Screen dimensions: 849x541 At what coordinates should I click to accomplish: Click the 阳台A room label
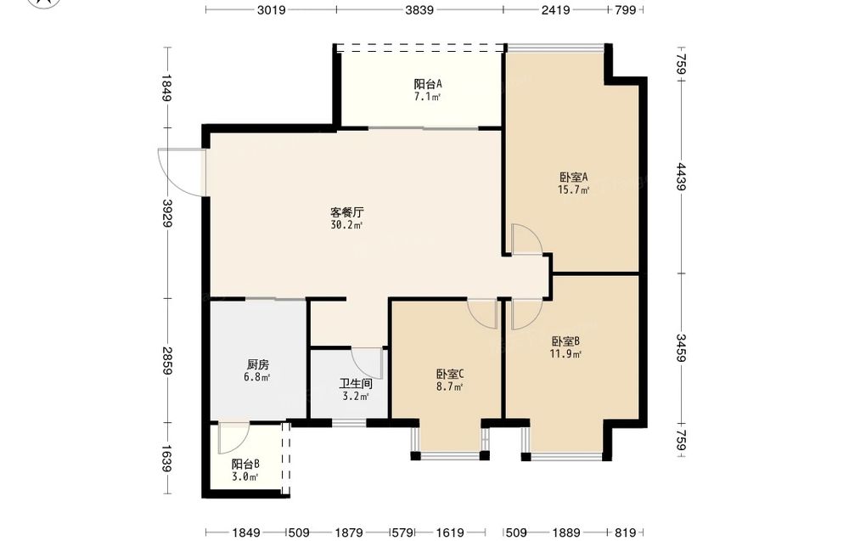point(428,84)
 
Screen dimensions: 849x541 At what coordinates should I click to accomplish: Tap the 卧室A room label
point(573,178)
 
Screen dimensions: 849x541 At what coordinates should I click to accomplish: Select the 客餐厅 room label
point(346,211)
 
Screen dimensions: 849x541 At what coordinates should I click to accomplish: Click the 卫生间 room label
point(356,384)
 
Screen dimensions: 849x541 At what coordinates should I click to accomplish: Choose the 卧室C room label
point(450,375)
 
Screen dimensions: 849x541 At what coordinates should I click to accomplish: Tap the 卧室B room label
point(565,341)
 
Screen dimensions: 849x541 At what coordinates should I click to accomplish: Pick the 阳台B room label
point(245,464)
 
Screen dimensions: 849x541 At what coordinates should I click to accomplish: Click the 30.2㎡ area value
point(346,225)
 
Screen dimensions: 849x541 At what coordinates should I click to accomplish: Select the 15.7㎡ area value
point(573,190)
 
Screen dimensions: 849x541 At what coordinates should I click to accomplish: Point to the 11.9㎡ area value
point(565,355)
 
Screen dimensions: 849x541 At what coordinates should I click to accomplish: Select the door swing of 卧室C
point(483,314)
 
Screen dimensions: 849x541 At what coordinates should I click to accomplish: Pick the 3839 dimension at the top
point(419,9)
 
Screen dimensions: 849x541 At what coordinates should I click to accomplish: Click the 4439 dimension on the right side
point(681,178)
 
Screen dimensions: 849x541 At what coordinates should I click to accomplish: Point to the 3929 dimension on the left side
point(167,213)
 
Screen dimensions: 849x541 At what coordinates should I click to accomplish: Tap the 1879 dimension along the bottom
point(349,533)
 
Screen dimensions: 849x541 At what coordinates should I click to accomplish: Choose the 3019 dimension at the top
point(272,9)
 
